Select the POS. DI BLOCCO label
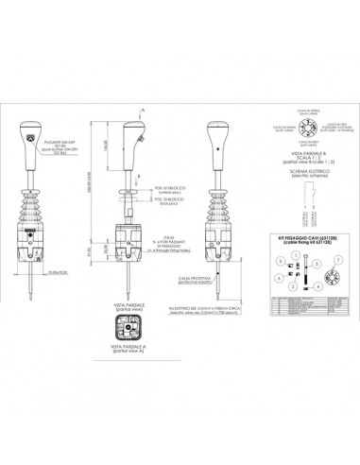click(169, 200)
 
